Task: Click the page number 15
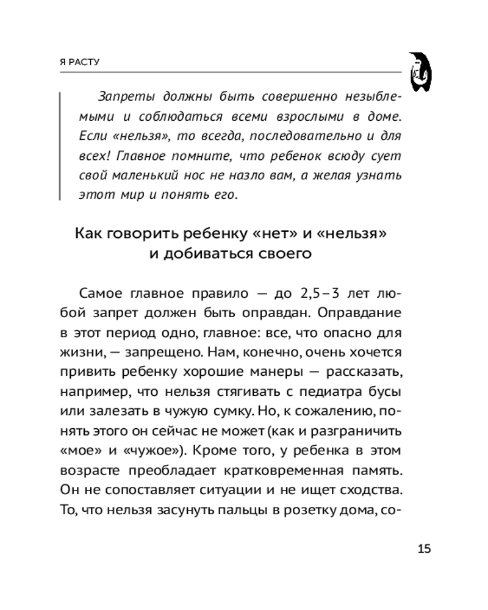click(424, 548)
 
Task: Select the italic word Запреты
click(121, 98)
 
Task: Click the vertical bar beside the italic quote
click(60, 146)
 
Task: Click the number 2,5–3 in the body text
click(321, 293)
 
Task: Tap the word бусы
click(386, 391)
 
